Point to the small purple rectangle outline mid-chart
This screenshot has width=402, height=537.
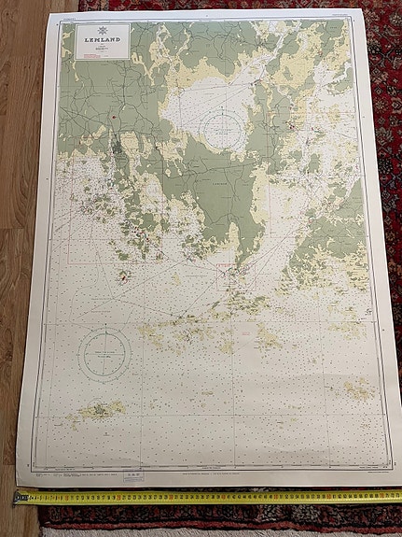[x=224, y=270]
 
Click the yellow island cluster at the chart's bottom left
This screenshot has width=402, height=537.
[x=101, y=409]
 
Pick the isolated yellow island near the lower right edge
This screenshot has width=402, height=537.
[x=356, y=389]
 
